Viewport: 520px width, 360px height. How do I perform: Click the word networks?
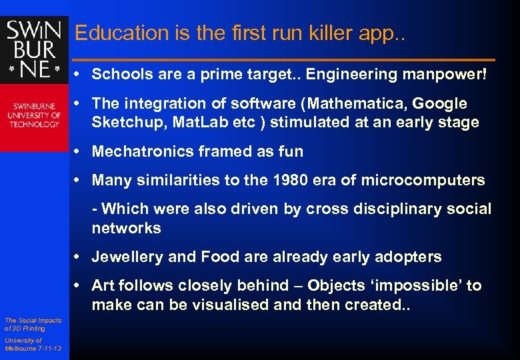pos(126,228)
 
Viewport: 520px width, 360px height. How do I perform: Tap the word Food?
pos(219,257)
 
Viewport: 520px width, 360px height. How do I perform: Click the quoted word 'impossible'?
pos(414,286)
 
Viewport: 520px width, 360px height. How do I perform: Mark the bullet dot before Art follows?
pos(78,286)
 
